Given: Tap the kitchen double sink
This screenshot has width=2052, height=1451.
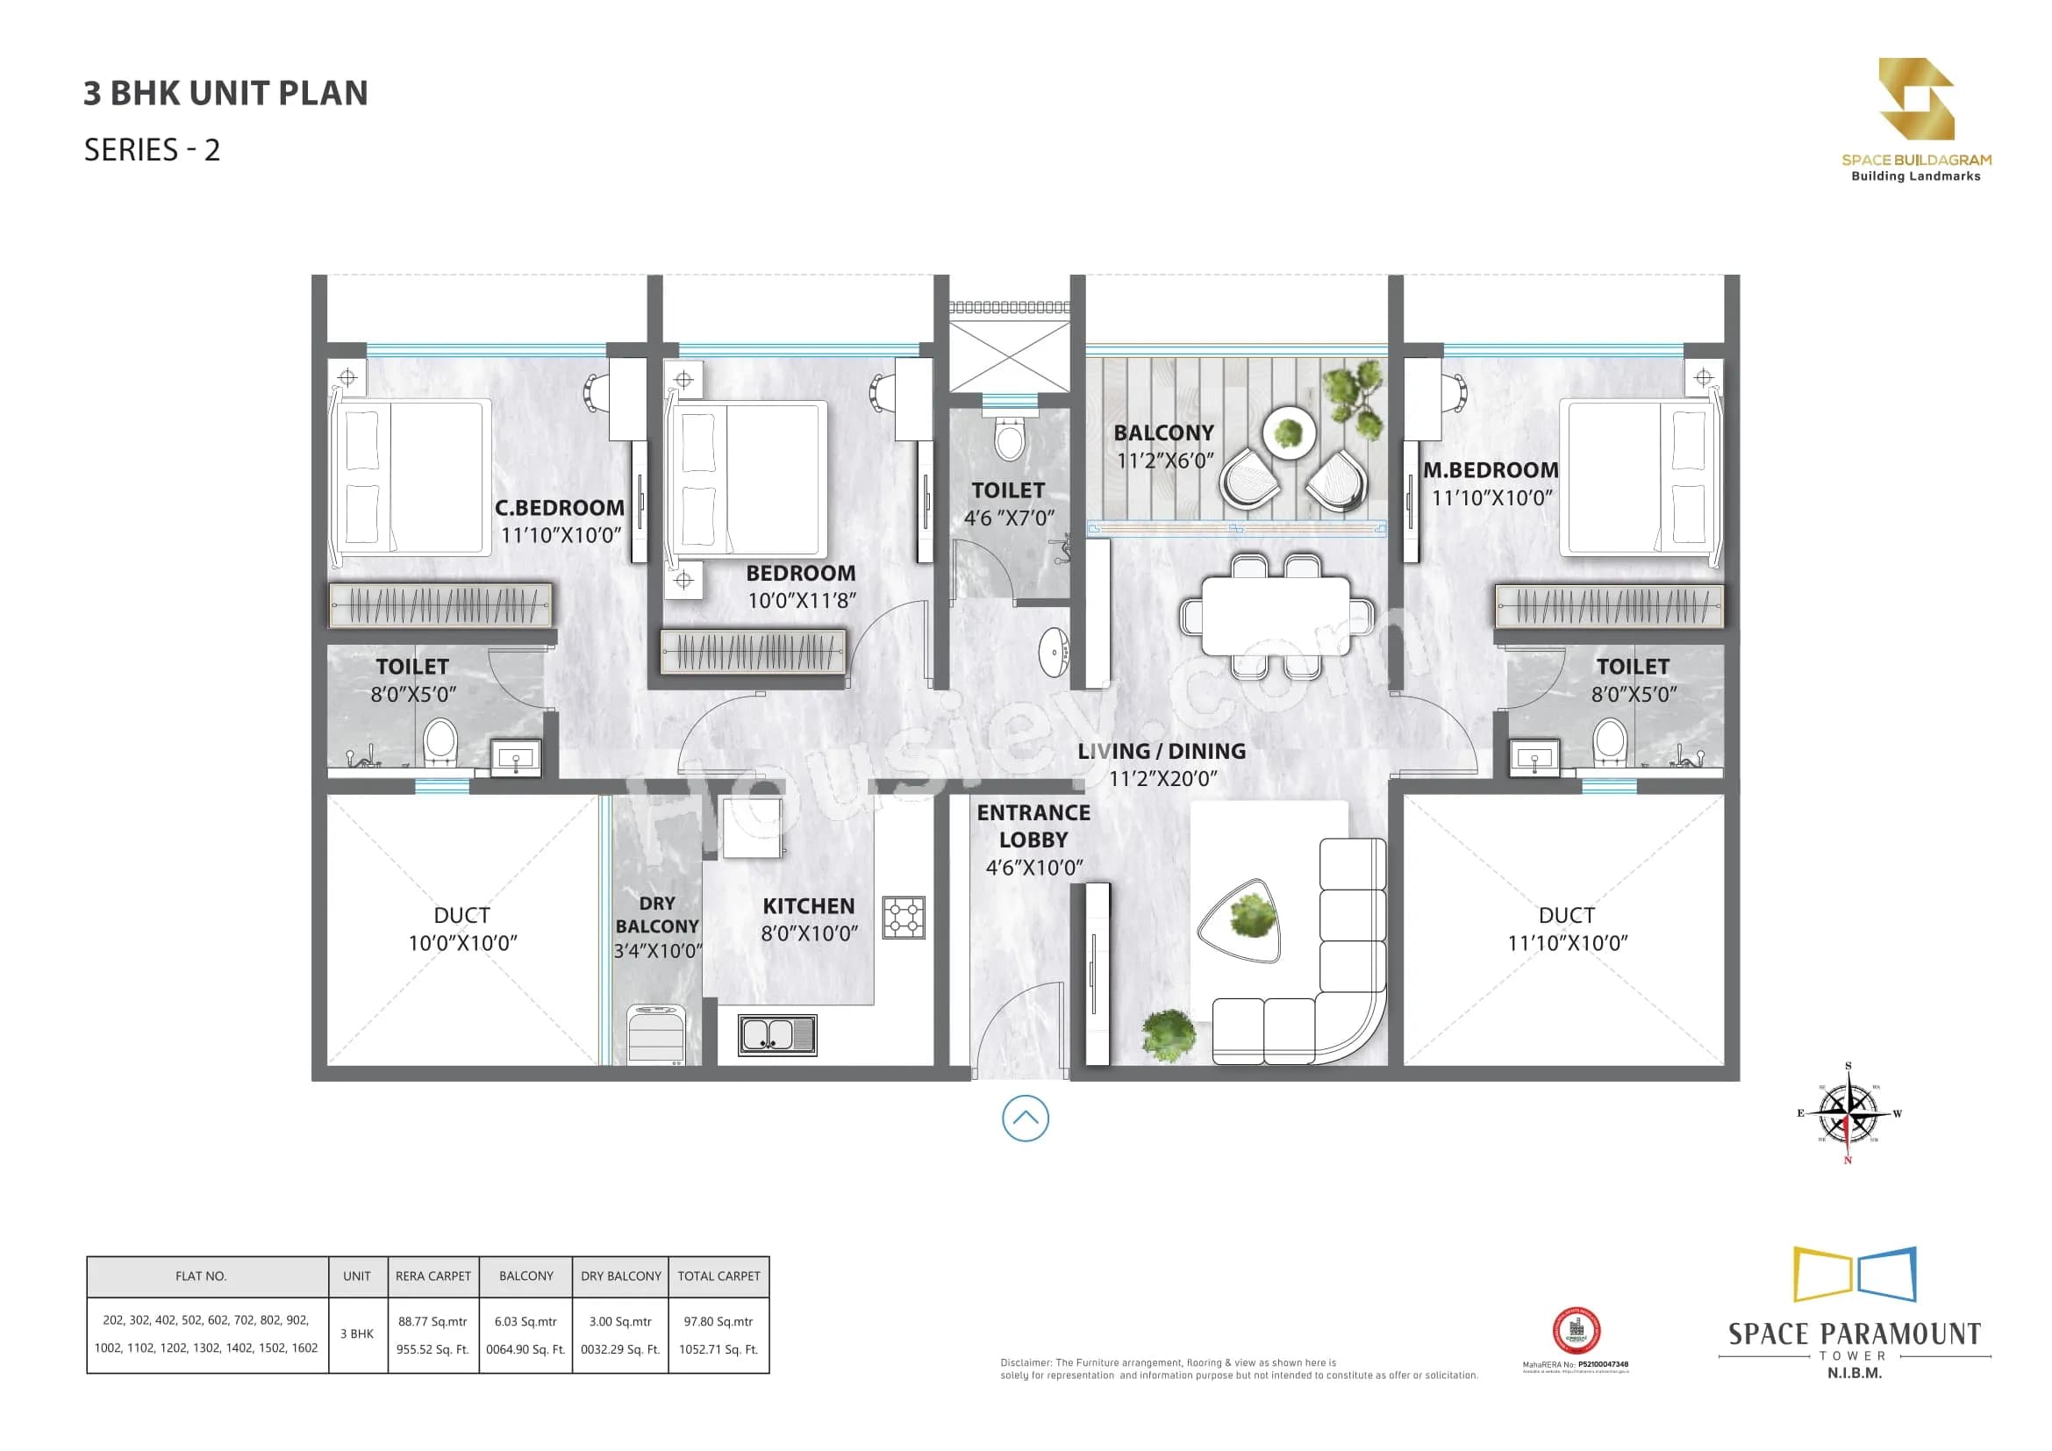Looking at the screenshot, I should tap(776, 1034).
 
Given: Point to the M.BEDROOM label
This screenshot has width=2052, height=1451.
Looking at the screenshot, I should tap(1491, 470).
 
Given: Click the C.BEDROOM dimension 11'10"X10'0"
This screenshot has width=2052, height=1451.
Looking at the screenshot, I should tap(561, 535).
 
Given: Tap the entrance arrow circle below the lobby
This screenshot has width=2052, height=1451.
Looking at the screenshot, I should tap(1025, 1119).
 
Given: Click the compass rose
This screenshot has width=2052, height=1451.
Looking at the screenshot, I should tap(1848, 1113).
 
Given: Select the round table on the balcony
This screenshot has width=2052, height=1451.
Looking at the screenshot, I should tap(1289, 432).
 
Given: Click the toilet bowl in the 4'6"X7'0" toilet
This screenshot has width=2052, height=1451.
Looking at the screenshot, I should tap(1009, 438).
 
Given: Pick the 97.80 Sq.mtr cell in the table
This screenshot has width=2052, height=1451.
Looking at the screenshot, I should tap(718, 1320).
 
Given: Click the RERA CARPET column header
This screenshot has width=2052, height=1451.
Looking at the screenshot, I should tap(433, 1276).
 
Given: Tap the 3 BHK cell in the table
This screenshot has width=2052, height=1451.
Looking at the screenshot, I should tap(356, 1334).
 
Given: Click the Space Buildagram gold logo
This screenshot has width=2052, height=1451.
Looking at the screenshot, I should tap(1915, 98).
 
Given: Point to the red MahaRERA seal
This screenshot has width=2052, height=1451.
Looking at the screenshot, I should tap(1576, 1332).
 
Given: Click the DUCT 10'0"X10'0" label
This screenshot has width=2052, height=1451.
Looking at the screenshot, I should tap(462, 928).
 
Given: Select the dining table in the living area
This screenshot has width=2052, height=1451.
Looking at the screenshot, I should tap(1276, 617).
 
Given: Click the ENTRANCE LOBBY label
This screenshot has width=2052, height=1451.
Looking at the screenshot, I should tap(1033, 826).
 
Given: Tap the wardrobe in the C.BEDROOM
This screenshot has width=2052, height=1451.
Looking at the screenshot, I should tap(440, 606).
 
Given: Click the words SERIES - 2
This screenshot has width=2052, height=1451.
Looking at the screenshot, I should tap(152, 150).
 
